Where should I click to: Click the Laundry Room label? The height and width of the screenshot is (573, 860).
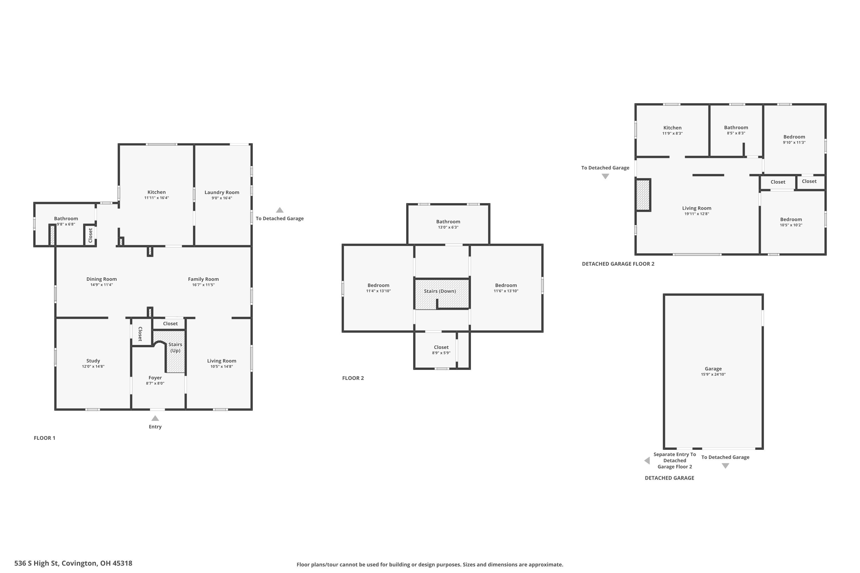[222, 192]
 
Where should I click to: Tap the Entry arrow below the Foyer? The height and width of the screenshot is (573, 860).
[155, 418]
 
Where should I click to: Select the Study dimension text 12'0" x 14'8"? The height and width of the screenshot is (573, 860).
[93, 366]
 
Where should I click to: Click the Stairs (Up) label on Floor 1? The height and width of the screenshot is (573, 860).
[175, 347]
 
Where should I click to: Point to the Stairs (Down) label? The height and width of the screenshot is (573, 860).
[440, 291]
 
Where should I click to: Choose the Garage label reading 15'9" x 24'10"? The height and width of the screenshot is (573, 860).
[713, 371]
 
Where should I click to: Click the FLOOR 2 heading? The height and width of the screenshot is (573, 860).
[353, 378]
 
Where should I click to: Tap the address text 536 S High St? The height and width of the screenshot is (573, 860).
[37, 563]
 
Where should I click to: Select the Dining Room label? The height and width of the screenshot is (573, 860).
[102, 279]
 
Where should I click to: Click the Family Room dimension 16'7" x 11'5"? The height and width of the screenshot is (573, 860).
[203, 285]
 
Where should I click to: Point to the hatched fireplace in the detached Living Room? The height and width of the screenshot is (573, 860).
[643, 195]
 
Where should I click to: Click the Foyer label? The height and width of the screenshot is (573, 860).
[155, 378]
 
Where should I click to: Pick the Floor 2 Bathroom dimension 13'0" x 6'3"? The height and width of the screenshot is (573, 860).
[448, 227]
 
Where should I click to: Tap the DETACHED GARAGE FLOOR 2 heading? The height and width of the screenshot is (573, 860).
[618, 264]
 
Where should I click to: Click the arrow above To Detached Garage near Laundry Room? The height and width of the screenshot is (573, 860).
[280, 210]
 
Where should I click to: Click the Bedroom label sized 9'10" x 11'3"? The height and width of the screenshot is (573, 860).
[794, 139]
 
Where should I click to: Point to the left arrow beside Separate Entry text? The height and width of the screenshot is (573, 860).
[647, 460]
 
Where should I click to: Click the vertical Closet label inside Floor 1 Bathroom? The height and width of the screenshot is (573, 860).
[90, 235]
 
